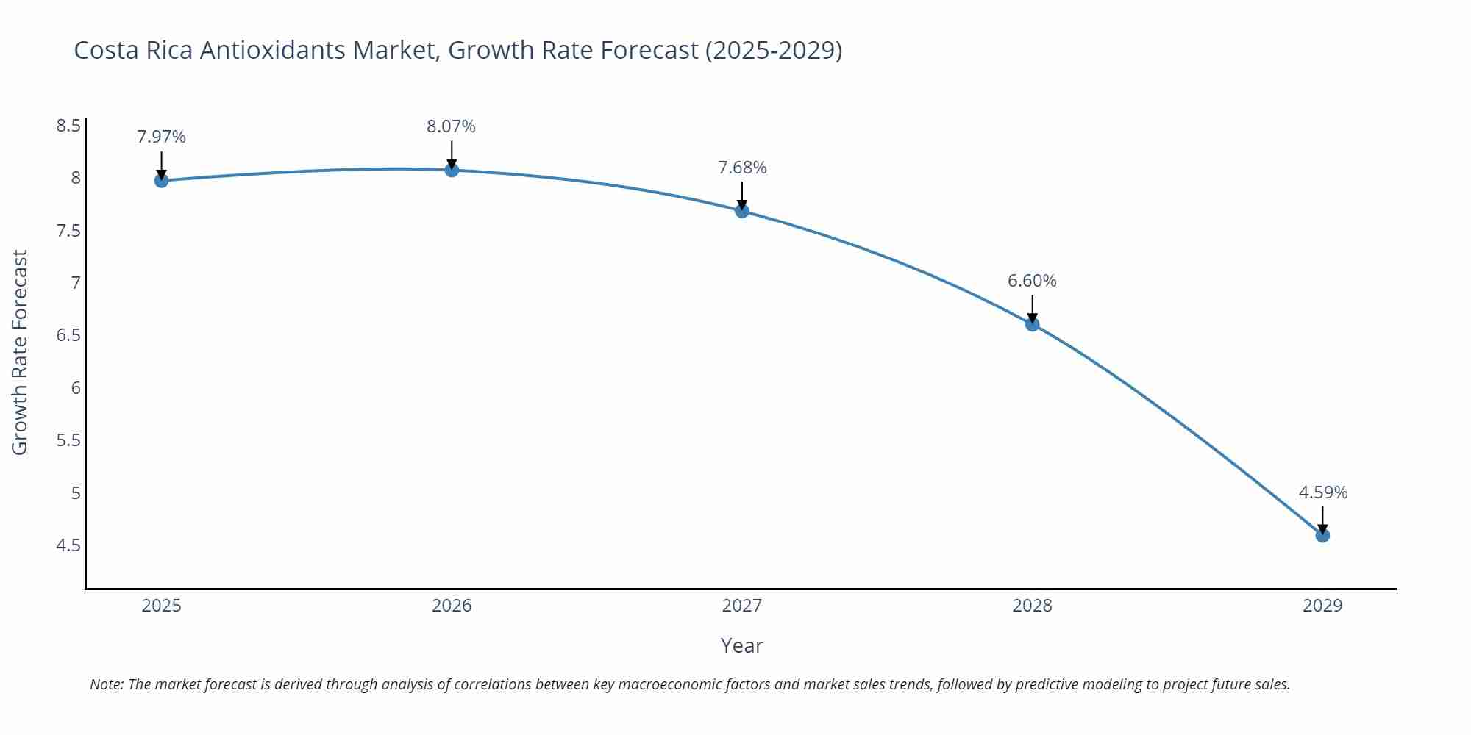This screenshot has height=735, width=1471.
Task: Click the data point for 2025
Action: coord(161,181)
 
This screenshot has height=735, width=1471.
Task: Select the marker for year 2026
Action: coord(452,170)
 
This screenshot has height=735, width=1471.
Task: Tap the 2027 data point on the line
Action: coord(742,211)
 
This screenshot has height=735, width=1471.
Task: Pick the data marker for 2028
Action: coord(1032,324)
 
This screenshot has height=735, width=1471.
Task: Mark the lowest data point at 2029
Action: coord(1322,535)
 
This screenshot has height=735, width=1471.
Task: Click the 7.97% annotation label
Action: coord(161,137)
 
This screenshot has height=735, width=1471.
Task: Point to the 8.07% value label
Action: coord(451,126)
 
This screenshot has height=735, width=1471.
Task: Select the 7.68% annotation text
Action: coord(742,168)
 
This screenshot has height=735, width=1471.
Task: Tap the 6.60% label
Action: coord(1032,281)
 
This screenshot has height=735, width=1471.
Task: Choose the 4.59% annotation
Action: coord(1322,492)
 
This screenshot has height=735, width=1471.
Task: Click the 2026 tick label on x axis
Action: coord(452,606)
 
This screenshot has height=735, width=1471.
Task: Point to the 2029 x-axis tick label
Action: coord(1322,606)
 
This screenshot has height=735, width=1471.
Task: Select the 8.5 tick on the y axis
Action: coord(68,126)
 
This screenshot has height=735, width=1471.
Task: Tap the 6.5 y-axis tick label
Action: coord(68,335)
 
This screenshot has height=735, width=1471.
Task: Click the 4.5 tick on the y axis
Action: coord(68,545)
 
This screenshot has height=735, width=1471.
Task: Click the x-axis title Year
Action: coord(741,645)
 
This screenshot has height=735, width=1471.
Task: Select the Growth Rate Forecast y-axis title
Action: coord(20,352)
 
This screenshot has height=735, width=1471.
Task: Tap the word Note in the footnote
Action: coord(106,684)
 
